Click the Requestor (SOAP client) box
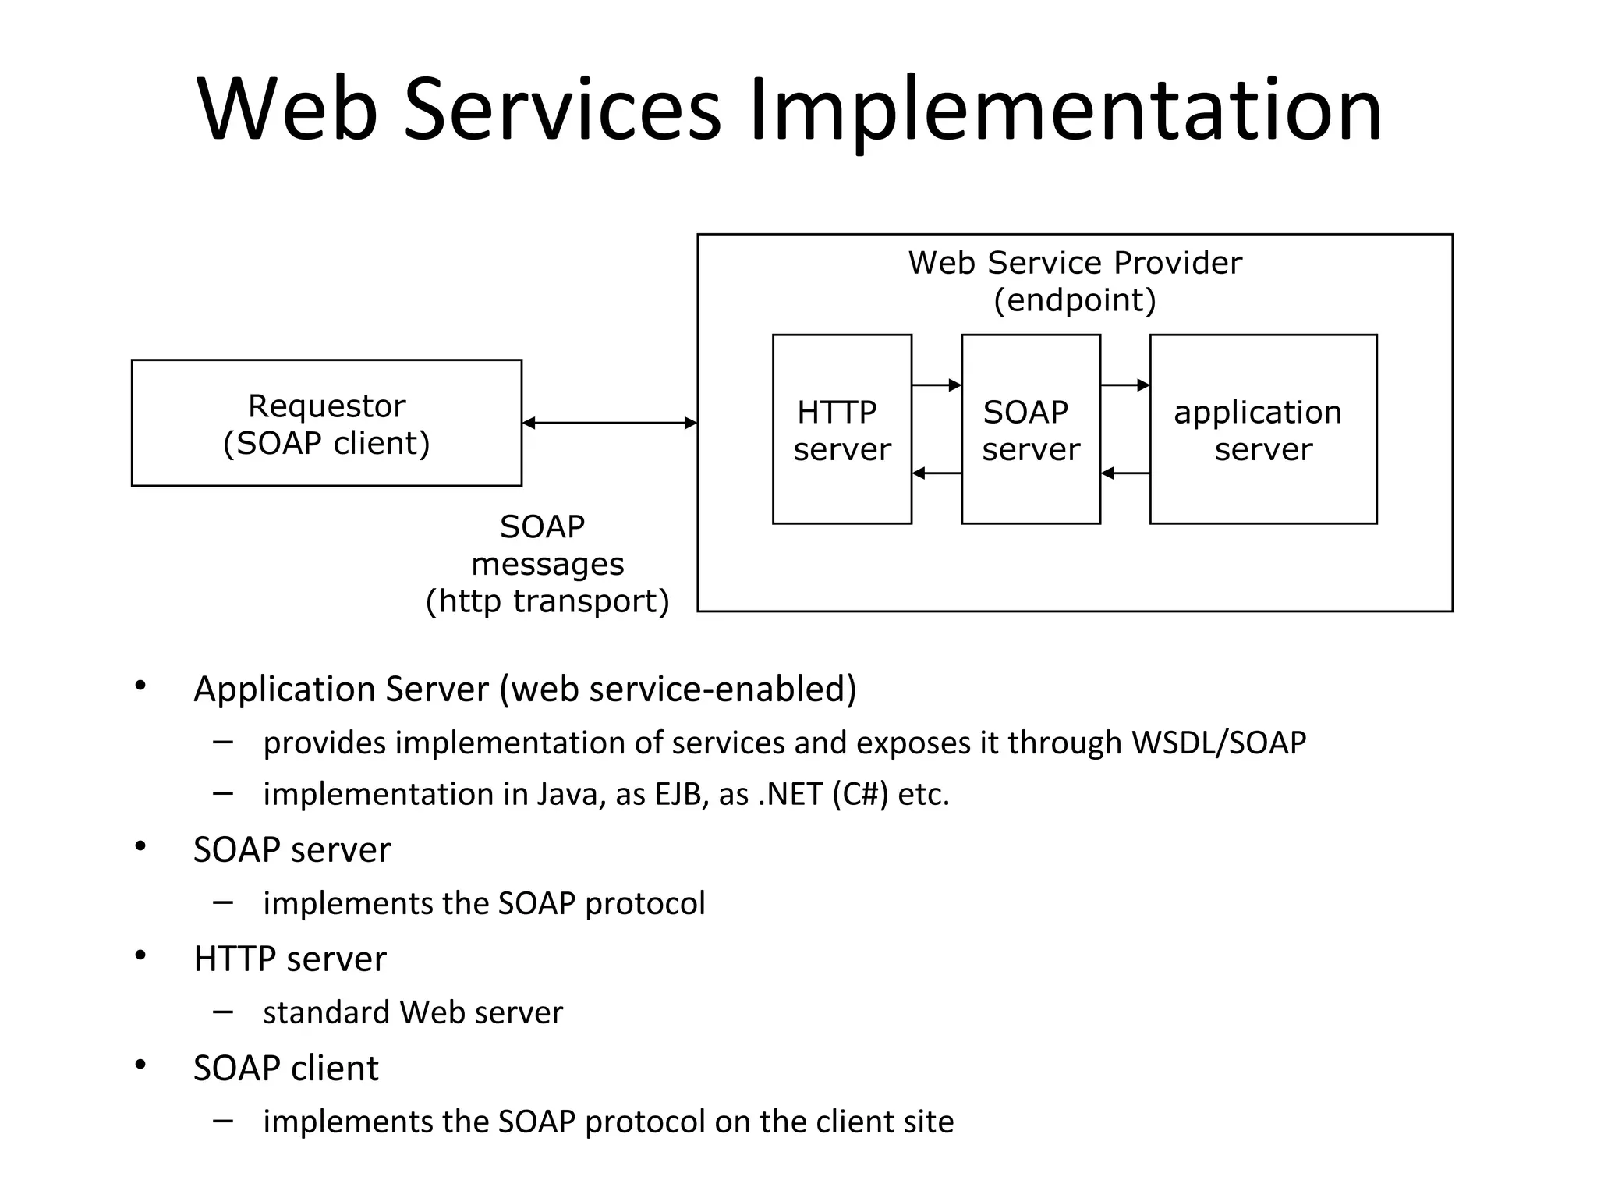(326, 424)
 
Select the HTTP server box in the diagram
(841, 430)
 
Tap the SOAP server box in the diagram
(1030, 430)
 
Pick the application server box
(1262, 430)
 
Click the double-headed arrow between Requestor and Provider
(609, 424)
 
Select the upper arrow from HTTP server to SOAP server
(936, 385)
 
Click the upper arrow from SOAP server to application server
(1124, 385)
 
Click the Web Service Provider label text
(1075, 263)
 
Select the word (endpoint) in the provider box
(1075, 300)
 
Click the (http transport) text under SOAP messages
(547, 601)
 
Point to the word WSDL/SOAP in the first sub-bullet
(1219, 743)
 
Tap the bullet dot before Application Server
(140, 686)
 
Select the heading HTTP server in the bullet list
(290, 959)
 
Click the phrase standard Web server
(413, 1012)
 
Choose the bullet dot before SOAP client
(140, 1065)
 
